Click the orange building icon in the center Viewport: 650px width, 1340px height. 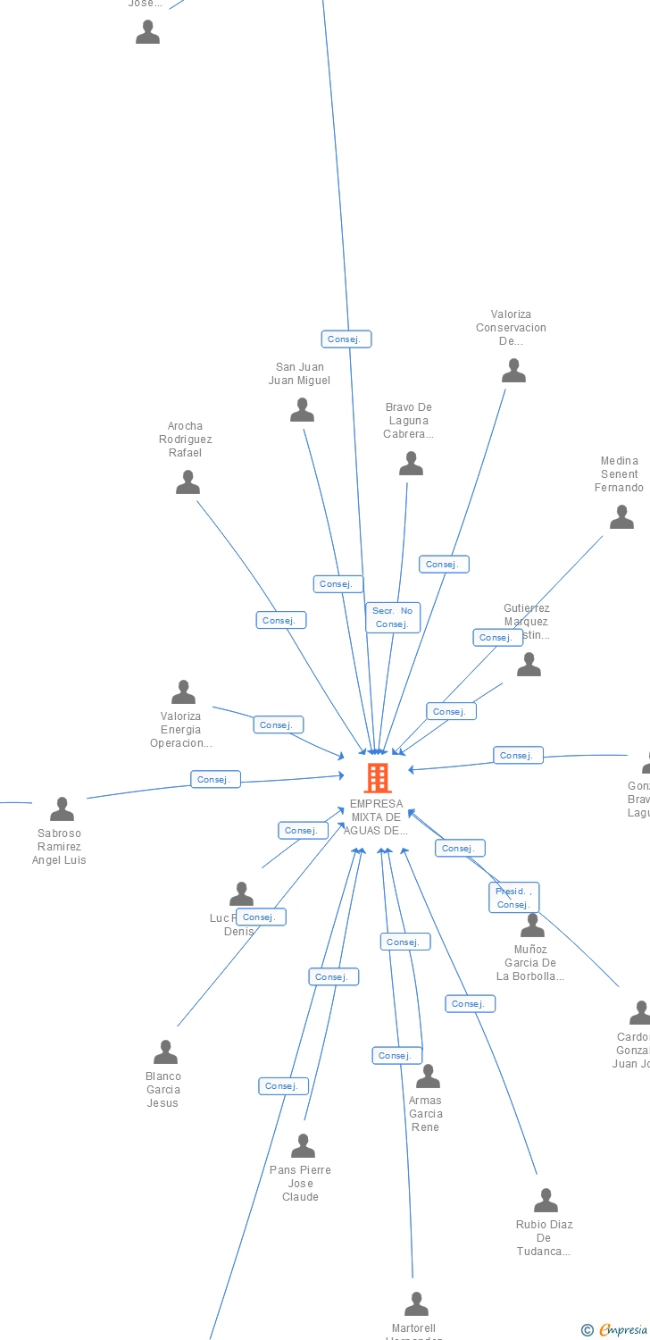coord(378,778)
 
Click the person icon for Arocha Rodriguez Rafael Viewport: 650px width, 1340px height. coord(187,482)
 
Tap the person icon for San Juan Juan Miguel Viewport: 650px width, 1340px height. coord(303,410)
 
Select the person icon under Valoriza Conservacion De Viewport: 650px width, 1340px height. coord(513,371)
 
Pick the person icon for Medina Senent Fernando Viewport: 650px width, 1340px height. coord(621,517)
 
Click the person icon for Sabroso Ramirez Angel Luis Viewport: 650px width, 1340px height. coord(62,809)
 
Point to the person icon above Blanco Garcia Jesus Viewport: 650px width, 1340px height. coord(165,1052)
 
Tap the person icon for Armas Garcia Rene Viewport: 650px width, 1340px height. coord(428,1076)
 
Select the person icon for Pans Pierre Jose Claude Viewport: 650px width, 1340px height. coord(303,1146)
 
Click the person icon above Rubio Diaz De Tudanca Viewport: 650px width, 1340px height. coord(546,1201)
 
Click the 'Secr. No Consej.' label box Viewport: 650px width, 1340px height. coord(393,617)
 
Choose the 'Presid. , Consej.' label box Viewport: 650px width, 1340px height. coord(513,898)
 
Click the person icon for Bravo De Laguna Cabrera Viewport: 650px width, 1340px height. coord(411,464)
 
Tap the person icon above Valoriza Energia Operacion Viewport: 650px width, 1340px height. coord(183,692)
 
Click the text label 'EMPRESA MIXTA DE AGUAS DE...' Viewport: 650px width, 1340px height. coord(377,817)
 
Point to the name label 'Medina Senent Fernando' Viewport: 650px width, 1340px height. coord(620,474)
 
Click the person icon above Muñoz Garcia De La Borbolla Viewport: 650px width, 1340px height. coord(532,925)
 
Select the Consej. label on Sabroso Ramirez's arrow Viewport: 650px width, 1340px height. coord(215,780)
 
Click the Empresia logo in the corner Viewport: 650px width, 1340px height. coord(615,1330)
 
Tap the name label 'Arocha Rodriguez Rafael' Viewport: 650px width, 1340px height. coord(186,440)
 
